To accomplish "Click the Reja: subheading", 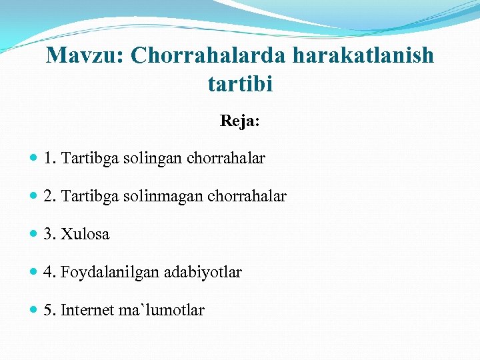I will click(x=240, y=121).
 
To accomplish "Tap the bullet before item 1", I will click(x=34, y=159).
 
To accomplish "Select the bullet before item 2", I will click(x=34, y=197).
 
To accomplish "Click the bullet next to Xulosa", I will click(x=34, y=235).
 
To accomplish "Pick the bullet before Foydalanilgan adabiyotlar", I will click(x=34, y=273).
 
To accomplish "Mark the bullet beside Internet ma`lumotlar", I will click(x=34, y=311).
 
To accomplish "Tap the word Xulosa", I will click(x=85, y=235).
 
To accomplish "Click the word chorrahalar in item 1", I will click(x=227, y=159).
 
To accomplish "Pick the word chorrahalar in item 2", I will click(x=247, y=197).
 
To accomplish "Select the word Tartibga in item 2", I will click(x=87, y=197).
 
